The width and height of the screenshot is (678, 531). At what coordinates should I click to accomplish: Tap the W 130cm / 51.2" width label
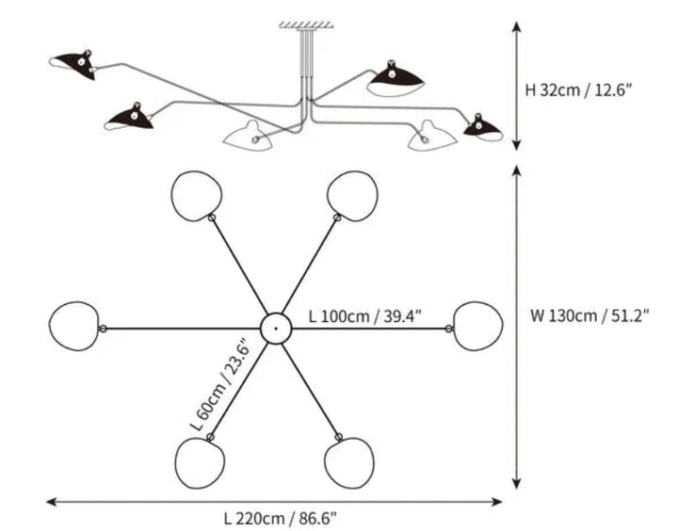pyautogui.click(x=589, y=315)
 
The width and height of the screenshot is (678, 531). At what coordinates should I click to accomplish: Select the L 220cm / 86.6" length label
pyautogui.click(x=281, y=518)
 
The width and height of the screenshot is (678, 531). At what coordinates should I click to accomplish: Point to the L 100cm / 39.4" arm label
pyautogui.click(x=365, y=316)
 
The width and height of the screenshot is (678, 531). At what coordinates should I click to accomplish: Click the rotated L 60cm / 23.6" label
pyautogui.click(x=220, y=384)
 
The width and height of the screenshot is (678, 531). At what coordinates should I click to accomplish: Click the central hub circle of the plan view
pyautogui.click(x=276, y=329)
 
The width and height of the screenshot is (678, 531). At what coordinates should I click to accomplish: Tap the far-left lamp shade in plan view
pyautogui.click(x=74, y=326)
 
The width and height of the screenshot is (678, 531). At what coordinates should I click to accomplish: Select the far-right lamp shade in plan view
pyautogui.click(x=477, y=326)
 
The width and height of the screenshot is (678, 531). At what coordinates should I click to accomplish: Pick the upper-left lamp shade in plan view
pyautogui.click(x=197, y=196)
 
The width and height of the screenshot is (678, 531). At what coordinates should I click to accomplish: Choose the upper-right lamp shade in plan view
pyautogui.click(x=352, y=196)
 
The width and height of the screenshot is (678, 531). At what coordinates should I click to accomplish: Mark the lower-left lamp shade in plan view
pyautogui.click(x=201, y=463)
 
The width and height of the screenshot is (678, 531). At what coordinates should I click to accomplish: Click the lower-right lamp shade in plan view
pyautogui.click(x=349, y=463)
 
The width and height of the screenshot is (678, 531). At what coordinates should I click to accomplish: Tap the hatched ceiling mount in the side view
pyautogui.click(x=306, y=25)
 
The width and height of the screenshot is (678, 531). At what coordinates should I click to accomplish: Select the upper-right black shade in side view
pyautogui.click(x=395, y=78)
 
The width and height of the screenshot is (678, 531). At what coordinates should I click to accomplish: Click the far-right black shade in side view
pyautogui.click(x=483, y=128)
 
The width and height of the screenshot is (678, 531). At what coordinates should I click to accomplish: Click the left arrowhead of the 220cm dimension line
pyautogui.click(x=51, y=502)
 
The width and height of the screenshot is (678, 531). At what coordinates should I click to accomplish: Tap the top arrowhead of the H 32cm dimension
pyautogui.click(x=516, y=26)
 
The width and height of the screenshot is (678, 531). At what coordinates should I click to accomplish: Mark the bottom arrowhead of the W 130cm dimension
pyautogui.click(x=516, y=483)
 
